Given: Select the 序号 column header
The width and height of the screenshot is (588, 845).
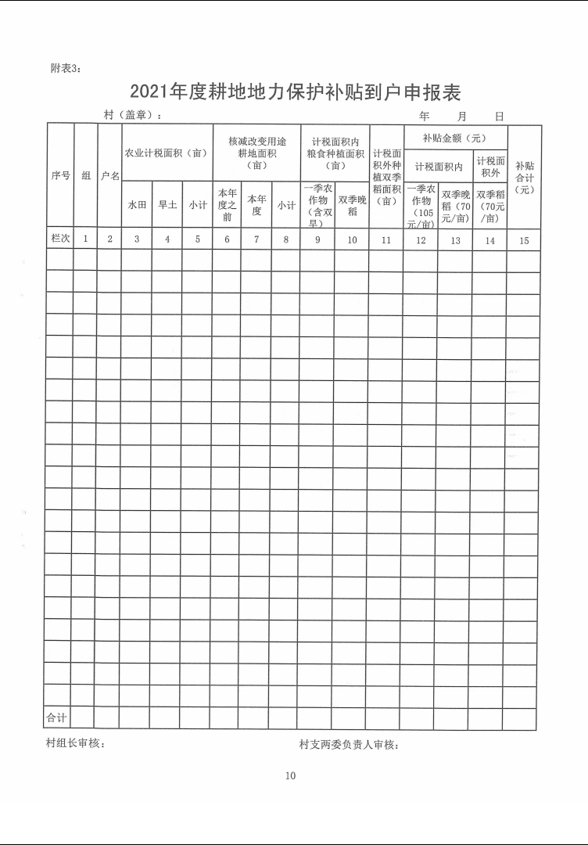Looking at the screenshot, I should [59, 176].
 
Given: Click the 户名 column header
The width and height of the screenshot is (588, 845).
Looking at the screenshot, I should [109, 176].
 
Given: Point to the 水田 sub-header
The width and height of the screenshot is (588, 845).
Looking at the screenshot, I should [137, 205].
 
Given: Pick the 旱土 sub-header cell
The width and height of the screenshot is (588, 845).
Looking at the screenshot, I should [167, 205].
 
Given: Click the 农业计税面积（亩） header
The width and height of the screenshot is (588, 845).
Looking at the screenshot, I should [167, 153].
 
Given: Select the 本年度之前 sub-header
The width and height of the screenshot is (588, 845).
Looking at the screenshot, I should [227, 205].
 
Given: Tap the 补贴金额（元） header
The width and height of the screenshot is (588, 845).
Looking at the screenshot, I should [454, 138].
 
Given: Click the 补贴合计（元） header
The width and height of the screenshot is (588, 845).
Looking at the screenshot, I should [524, 178].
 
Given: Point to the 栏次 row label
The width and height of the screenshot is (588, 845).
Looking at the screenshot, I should [59, 239].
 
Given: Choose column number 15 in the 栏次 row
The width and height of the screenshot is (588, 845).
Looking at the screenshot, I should [524, 240].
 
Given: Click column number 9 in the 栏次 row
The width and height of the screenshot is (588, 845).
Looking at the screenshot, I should [317, 239].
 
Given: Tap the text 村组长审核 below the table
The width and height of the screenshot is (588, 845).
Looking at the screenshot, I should [76, 743].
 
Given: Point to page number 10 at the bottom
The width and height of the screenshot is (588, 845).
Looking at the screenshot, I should [291, 776].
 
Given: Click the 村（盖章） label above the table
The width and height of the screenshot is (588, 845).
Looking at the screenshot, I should [133, 115].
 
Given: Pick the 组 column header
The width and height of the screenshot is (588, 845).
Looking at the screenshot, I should [85, 176].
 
